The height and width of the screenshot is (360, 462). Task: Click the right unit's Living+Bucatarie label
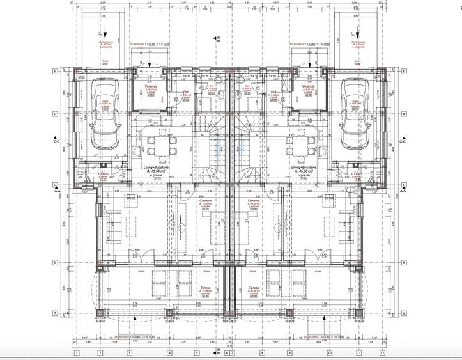pos(304,168)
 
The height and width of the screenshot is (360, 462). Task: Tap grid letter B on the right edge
pos(404,262)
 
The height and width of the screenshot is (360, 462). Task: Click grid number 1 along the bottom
pos(76,352)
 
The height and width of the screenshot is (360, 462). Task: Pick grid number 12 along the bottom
pos(382,352)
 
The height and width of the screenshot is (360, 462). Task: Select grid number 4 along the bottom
pos(169,352)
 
